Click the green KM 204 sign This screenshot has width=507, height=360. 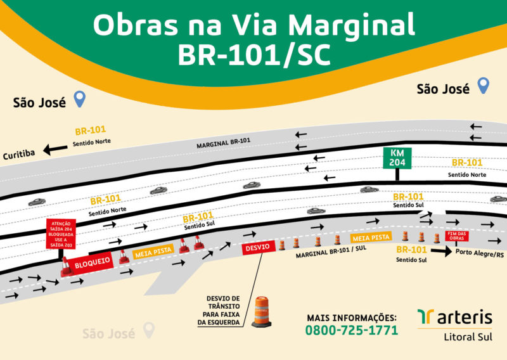point(397,158)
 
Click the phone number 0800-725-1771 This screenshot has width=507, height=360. point(351,330)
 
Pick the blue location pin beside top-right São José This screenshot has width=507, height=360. point(484,86)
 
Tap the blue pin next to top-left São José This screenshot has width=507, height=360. point(80,99)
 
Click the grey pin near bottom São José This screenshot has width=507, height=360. point(149,330)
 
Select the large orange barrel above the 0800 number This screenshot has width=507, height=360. point(262,312)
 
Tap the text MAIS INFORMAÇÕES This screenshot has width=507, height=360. point(351,317)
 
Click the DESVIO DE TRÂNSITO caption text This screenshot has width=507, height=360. point(222,310)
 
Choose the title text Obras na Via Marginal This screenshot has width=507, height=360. point(253,25)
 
